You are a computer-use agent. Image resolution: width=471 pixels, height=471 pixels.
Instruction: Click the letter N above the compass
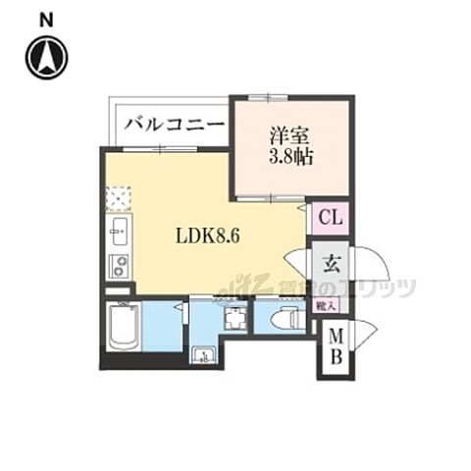pyautogui.click(x=45, y=18)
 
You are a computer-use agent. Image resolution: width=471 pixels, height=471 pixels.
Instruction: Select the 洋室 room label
pyautogui.click(x=290, y=135)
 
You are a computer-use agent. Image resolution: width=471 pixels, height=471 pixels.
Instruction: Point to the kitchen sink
pyautogui.click(x=118, y=234)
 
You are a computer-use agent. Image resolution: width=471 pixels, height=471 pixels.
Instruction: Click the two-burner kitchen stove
pyautogui.click(x=119, y=264)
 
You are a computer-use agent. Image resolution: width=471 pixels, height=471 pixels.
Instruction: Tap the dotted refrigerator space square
pyautogui.click(x=118, y=199)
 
